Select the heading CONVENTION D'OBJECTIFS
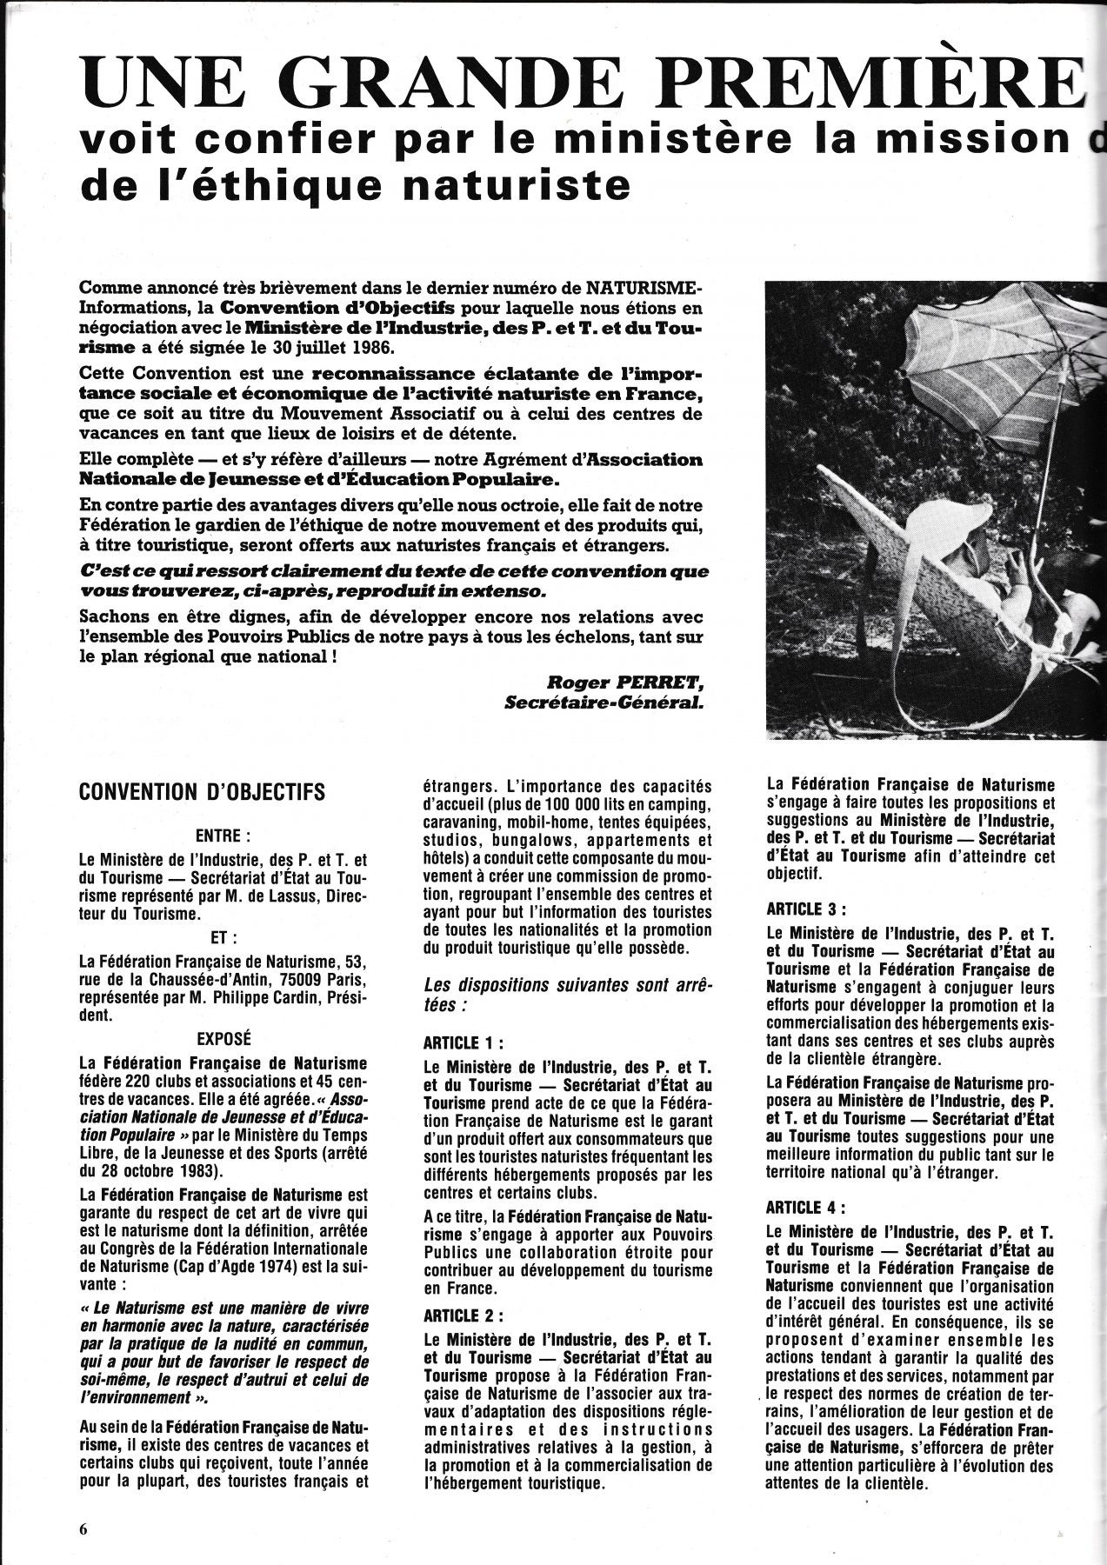[203, 792]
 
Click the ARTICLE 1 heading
[463, 1042]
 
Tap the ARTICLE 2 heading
[463, 1315]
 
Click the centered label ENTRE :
[223, 836]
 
